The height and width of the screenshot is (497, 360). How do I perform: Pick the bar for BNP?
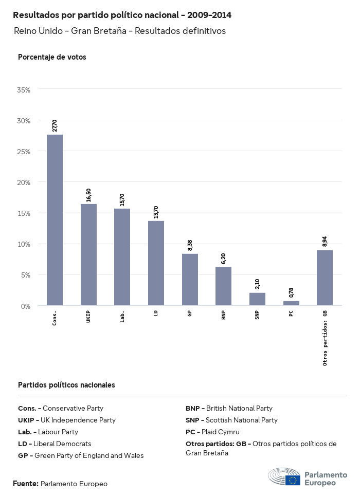(x=223, y=286)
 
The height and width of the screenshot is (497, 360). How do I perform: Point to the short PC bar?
(x=291, y=303)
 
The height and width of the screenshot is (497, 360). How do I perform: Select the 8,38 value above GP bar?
(x=190, y=245)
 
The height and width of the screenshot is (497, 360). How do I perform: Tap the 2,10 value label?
(x=257, y=284)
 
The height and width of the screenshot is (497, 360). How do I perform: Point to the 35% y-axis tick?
(x=24, y=89)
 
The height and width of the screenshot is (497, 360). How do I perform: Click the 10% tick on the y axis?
(x=24, y=244)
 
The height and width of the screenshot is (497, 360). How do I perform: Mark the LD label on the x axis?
(x=156, y=313)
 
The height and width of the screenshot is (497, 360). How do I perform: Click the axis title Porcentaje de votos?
(x=52, y=57)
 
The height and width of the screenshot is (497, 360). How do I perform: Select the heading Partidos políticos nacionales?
(x=66, y=384)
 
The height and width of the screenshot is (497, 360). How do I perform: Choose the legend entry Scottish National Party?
(x=241, y=420)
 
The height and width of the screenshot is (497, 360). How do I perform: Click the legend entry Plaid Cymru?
(x=220, y=432)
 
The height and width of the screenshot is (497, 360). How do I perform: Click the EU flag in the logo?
(x=294, y=480)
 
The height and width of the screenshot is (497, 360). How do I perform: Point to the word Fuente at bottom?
(x=25, y=484)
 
